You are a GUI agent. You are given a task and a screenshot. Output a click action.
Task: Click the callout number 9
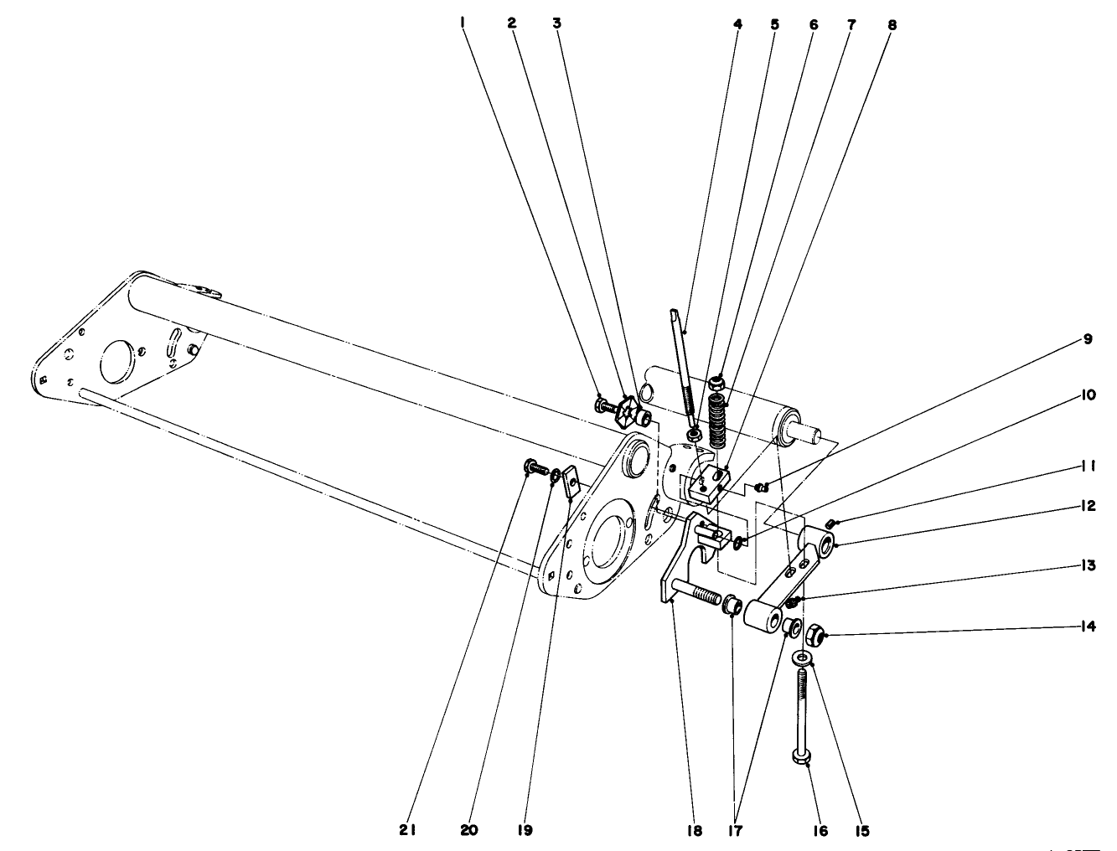pos(1088,339)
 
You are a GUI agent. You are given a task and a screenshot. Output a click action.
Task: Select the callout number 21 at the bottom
pos(408,830)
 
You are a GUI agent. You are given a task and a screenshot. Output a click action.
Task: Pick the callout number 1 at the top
pos(462,23)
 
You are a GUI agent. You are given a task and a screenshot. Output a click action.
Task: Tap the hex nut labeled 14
pos(813,636)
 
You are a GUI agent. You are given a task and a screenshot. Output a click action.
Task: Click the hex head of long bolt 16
pos(799,757)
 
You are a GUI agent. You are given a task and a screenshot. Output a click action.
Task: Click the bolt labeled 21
pos(532,466)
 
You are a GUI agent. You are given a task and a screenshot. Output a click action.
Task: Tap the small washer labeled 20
pos(555,477)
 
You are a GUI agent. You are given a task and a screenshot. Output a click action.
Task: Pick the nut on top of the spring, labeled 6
pos(716,384)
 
